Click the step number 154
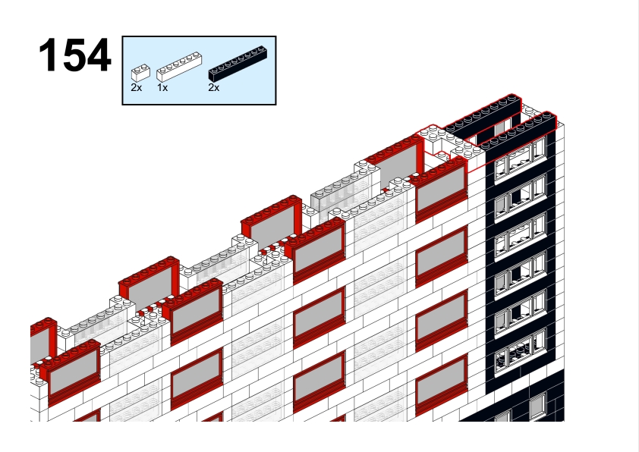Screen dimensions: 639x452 74,55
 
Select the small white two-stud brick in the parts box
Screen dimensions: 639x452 140,73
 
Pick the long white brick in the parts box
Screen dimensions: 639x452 179,67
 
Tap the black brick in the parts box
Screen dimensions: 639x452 238,63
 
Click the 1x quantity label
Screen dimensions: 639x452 162,87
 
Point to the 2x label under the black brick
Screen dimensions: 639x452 213,87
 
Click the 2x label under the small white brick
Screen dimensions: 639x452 137,87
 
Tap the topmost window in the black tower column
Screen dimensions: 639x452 520,158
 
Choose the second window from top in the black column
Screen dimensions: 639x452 520,196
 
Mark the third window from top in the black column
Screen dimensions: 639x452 520,236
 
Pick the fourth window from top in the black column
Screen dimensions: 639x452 520,275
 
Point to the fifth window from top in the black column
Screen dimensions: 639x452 520,313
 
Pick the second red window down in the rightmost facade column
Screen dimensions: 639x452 442,256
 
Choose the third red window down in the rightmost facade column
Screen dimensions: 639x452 442,321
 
